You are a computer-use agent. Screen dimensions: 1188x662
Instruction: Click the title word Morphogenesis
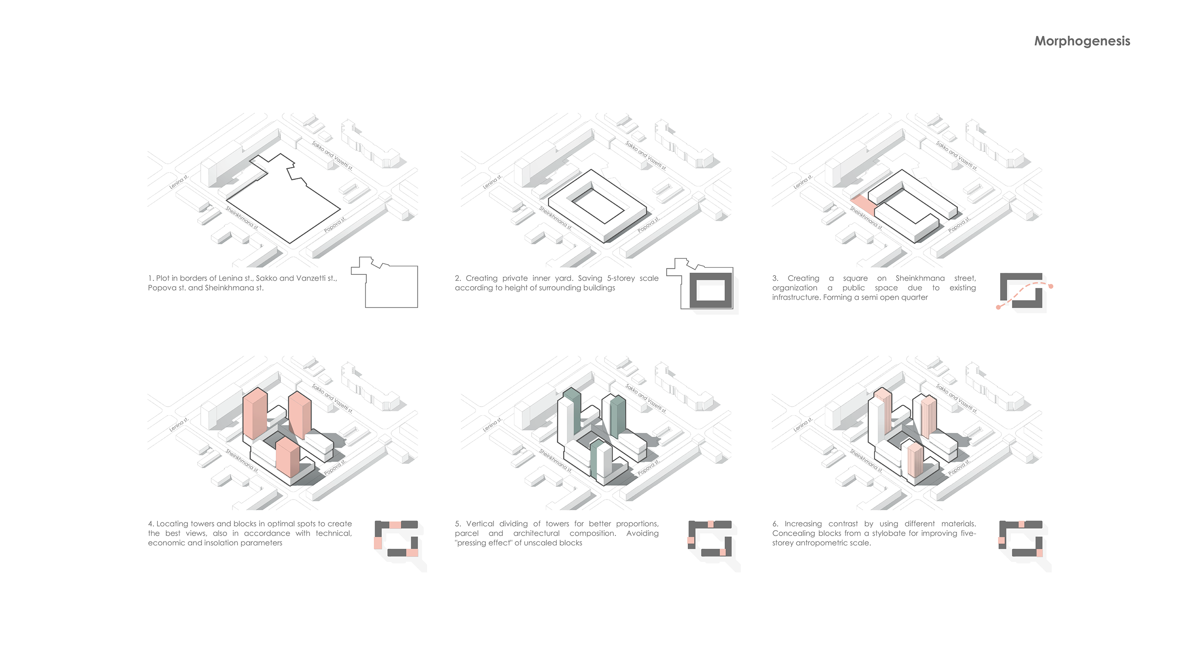(x=1082, y=41)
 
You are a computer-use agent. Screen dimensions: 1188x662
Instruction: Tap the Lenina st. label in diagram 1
(x=179, y=182)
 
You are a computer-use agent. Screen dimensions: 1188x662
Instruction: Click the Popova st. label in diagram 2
(x=648, y=224)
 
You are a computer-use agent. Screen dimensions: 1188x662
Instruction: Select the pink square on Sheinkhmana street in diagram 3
(x=863, y=205)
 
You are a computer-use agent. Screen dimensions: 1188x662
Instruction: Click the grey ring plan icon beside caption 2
(x=711, y=290)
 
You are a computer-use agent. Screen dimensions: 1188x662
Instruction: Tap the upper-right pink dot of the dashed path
(x=1051, y=286)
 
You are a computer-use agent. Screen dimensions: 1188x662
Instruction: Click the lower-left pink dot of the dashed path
(x=998, y=307)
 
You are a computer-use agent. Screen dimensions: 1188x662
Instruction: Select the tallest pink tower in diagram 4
(x=255, y=413)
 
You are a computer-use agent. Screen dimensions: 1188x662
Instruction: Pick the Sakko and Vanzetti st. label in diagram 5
(x=646, y=398)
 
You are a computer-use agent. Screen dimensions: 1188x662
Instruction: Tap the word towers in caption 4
(x=202, y=524)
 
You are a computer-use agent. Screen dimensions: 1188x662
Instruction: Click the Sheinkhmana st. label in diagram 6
(x=866, y=461)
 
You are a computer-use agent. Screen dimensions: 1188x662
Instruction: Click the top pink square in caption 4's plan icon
(x=395, y=525)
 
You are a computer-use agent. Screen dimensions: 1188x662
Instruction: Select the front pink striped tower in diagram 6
(x=914, y=460)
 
